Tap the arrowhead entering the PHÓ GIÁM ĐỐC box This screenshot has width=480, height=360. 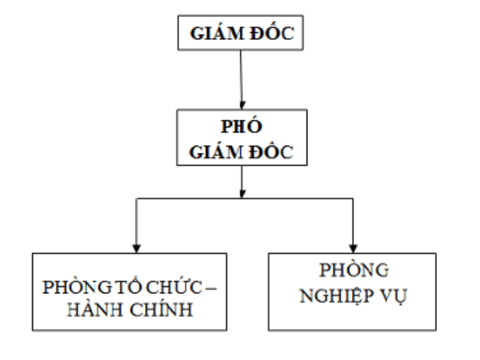coord(242,104)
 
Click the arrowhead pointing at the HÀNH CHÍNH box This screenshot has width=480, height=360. coord(137,247)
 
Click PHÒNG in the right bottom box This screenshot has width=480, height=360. coord(354,271)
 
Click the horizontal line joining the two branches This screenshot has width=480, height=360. coord(192,198)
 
